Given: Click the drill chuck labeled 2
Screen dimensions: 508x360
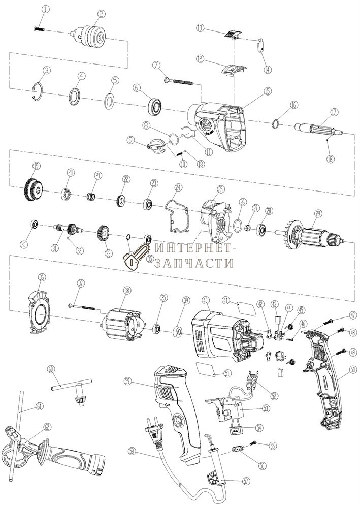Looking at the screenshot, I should tap(90, 36).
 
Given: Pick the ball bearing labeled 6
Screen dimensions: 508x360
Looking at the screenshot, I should tap(154, 107).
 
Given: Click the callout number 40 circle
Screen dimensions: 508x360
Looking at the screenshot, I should tap(205, 300).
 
